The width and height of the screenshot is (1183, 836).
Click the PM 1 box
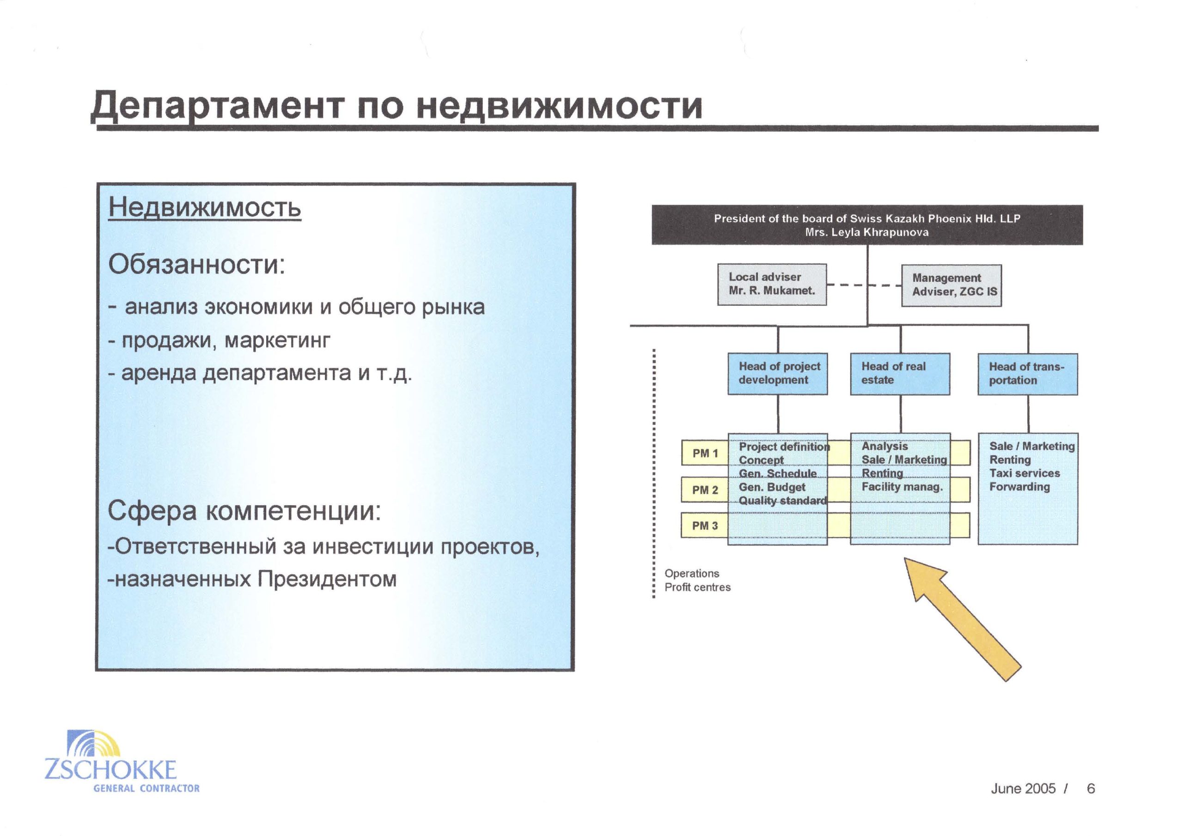(x=704, y=453)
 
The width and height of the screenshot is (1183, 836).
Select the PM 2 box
(x=704, y=489)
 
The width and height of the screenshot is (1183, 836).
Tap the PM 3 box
(x=704, y=526)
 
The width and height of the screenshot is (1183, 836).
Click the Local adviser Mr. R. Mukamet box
(x=772, y=285)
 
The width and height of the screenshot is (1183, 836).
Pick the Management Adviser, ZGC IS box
(x=951, y=285)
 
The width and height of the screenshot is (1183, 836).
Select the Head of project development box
(x=778, y=374)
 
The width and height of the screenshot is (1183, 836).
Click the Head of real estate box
(x=900, y=374)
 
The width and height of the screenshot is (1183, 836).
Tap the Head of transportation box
(x=1027, y=375)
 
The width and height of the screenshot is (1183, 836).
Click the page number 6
(x=1091, y=788)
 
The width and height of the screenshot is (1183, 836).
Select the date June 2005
(x=1023, y=788)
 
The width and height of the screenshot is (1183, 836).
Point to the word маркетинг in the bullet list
(x=278, y=341)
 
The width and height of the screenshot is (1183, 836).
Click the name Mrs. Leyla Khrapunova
(x=866, y=232)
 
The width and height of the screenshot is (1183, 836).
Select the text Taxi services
(x=1024, y=473)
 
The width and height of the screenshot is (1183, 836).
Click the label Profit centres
(x=697, y=587)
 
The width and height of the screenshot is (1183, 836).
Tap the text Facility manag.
(x=902, y=486)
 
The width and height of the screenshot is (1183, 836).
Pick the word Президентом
(x=327, y=580)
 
